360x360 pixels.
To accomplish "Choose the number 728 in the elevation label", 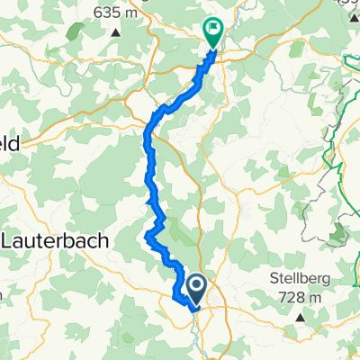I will pos(295,298).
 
